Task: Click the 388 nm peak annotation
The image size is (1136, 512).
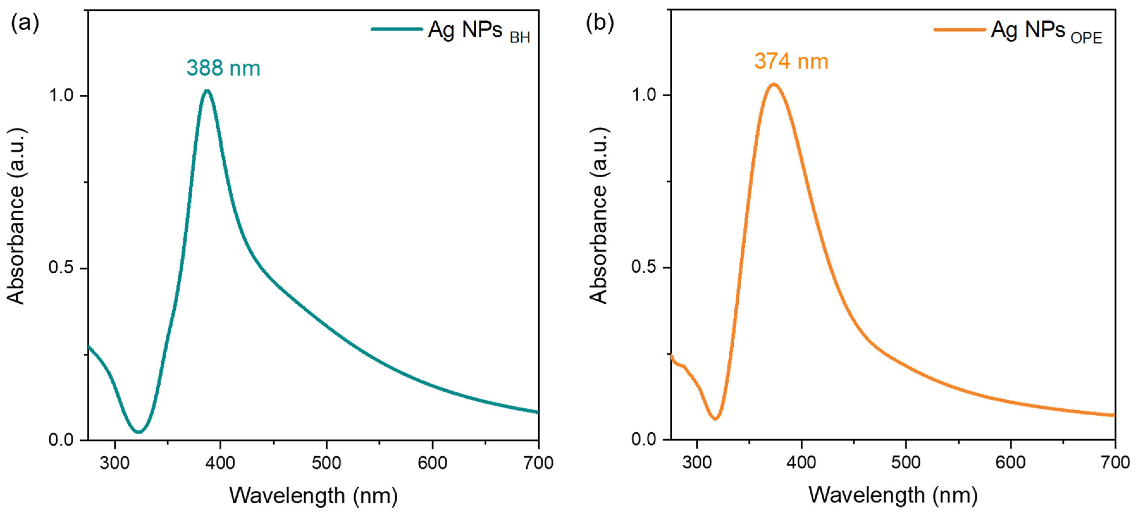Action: (x=223, y=68)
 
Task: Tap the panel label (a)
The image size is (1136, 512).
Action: (x=25, y=22)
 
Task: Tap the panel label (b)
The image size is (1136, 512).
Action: (x=600, y=22)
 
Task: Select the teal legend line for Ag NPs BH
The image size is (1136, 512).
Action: (x=397, y=29)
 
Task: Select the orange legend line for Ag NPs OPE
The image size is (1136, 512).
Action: (x=960, y=29)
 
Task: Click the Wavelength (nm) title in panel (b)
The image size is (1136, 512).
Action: (x=893, y=495)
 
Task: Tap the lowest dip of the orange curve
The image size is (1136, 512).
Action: (x=715, y=418)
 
